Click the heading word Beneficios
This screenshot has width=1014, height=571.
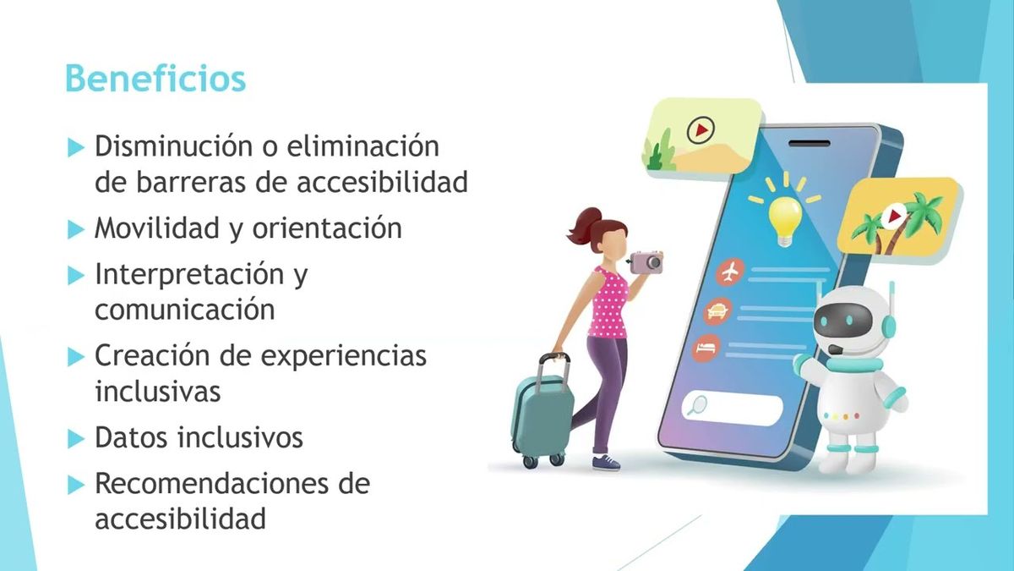(155, 79)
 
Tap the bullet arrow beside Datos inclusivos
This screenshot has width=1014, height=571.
(77, 439)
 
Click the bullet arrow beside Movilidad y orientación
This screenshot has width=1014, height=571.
(77, 229)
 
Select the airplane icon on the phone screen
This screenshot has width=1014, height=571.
(729, 272)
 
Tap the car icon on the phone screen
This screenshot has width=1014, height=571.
(717, 310)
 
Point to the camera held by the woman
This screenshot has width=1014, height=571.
(646, 261)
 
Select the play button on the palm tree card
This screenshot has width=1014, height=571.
(892, 217)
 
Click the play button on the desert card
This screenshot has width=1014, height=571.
(699, 129)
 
